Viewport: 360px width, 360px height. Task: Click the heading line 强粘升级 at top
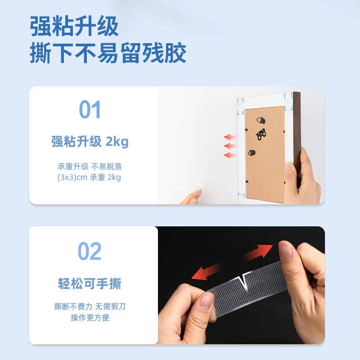(75, 26)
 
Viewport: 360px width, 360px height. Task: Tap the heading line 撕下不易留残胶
(108, 54)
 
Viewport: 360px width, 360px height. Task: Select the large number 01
(90, 110)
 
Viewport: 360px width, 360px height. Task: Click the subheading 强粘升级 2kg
(90, 142)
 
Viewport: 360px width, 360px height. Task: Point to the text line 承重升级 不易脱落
(90, 166)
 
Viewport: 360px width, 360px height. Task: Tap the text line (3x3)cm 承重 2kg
(90, 177)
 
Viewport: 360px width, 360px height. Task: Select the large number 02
(90, 251)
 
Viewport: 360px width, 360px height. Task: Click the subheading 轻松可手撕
(90, 284)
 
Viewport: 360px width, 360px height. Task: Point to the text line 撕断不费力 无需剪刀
(90, 307)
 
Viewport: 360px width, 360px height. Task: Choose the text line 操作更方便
(90, 318)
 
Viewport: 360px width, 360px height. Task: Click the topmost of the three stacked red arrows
(231, 137)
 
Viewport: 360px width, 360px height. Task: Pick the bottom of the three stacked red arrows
(231, 155)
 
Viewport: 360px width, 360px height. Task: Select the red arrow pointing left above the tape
(206, 272)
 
